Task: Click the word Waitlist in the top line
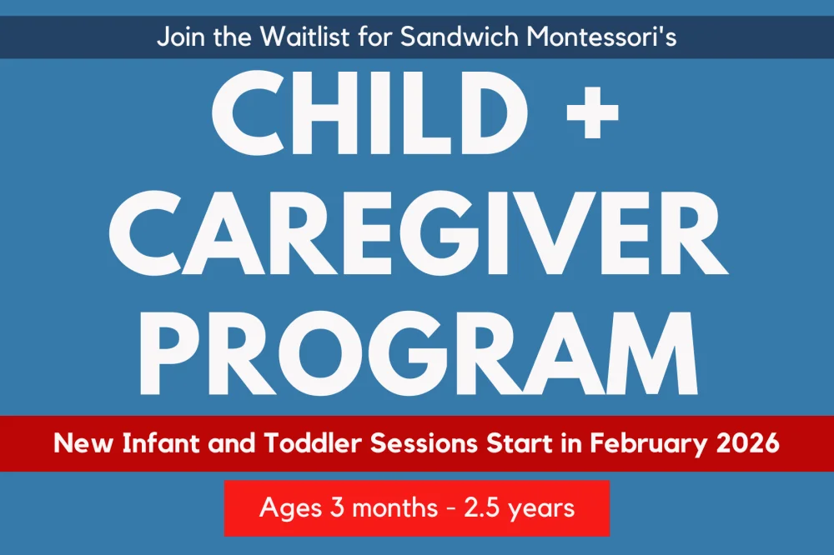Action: click(x=305, y=37)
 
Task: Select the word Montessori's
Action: click(x=601, y=37)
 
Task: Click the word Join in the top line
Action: click(x=178, y=37)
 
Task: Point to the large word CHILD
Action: click(x=369, y=112)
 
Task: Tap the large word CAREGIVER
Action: click(x=418, y=232)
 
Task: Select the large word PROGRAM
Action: click(x=418, y=353)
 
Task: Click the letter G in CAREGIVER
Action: click(x=453, y=232)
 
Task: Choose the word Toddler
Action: click(x=313, y=442)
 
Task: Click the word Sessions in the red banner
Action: click(x=424, y=442)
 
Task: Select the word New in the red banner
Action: click(x=83, y=442)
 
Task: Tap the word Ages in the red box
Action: click(x=290, y=508)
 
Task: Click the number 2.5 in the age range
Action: click(x=482, y=507)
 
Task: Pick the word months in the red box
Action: click(x=394, y=507)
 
